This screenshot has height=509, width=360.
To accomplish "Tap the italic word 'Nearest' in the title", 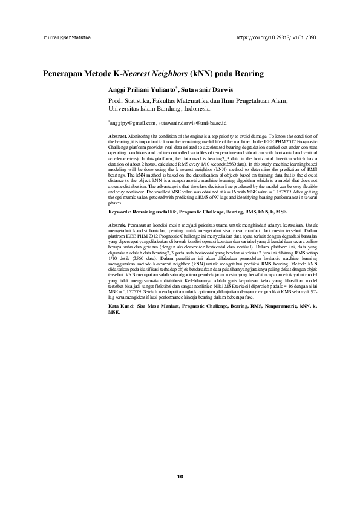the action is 136,74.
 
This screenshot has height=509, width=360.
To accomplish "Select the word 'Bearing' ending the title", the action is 247,74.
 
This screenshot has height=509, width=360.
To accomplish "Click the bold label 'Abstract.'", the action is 117,137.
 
